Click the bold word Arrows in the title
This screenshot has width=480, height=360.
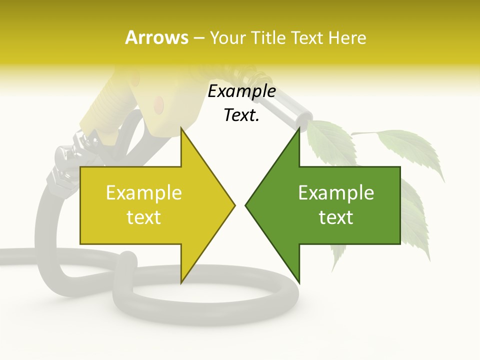click(x=156, y=37)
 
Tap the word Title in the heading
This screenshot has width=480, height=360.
click(x=264, y=37)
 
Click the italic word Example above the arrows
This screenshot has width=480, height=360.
click(x=241, y=91)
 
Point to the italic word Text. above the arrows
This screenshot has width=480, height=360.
click(x=241, y=115)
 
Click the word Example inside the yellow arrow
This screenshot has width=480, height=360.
click(x=143, y=192)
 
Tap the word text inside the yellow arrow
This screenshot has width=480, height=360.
click(x=143, y=217)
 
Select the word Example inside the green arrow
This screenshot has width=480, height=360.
click(x=336, y=192)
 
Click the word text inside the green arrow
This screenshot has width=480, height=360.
click(x=336, y=217)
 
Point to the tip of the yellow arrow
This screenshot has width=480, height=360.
click(x=234, y=204)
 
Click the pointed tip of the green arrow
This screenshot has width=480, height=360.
click(x=246, y=204)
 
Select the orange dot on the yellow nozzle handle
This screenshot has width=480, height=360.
click(x=159, y=103)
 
